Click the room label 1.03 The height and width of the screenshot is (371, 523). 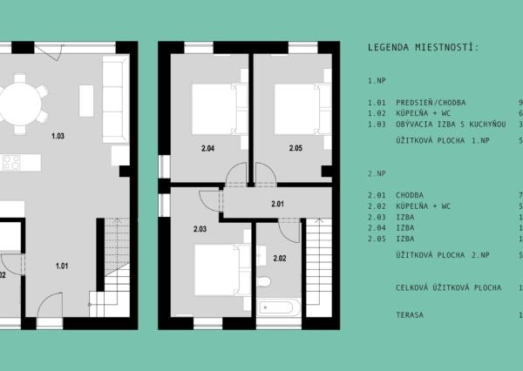click(x=58, y=136)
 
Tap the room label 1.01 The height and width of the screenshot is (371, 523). click(x=63, y=266)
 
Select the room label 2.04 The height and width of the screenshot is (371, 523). click(x=208, y=148)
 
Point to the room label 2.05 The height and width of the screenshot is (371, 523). click(x=296, y=148)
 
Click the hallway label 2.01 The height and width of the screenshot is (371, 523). click(x=278, y=204)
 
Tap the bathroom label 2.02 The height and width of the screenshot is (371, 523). click(x=280, y=258)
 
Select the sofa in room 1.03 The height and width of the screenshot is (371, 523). click(x=114, y=99)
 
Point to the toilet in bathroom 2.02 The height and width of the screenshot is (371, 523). click(x=264, y=283)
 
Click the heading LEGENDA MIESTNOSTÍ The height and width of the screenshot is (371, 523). click(x=424, y=47)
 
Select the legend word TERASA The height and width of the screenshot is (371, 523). click(x=410, y=314)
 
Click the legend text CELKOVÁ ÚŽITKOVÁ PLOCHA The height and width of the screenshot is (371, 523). click(x=448, y=287)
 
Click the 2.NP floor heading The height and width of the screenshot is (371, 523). click(x=377, y=173)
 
